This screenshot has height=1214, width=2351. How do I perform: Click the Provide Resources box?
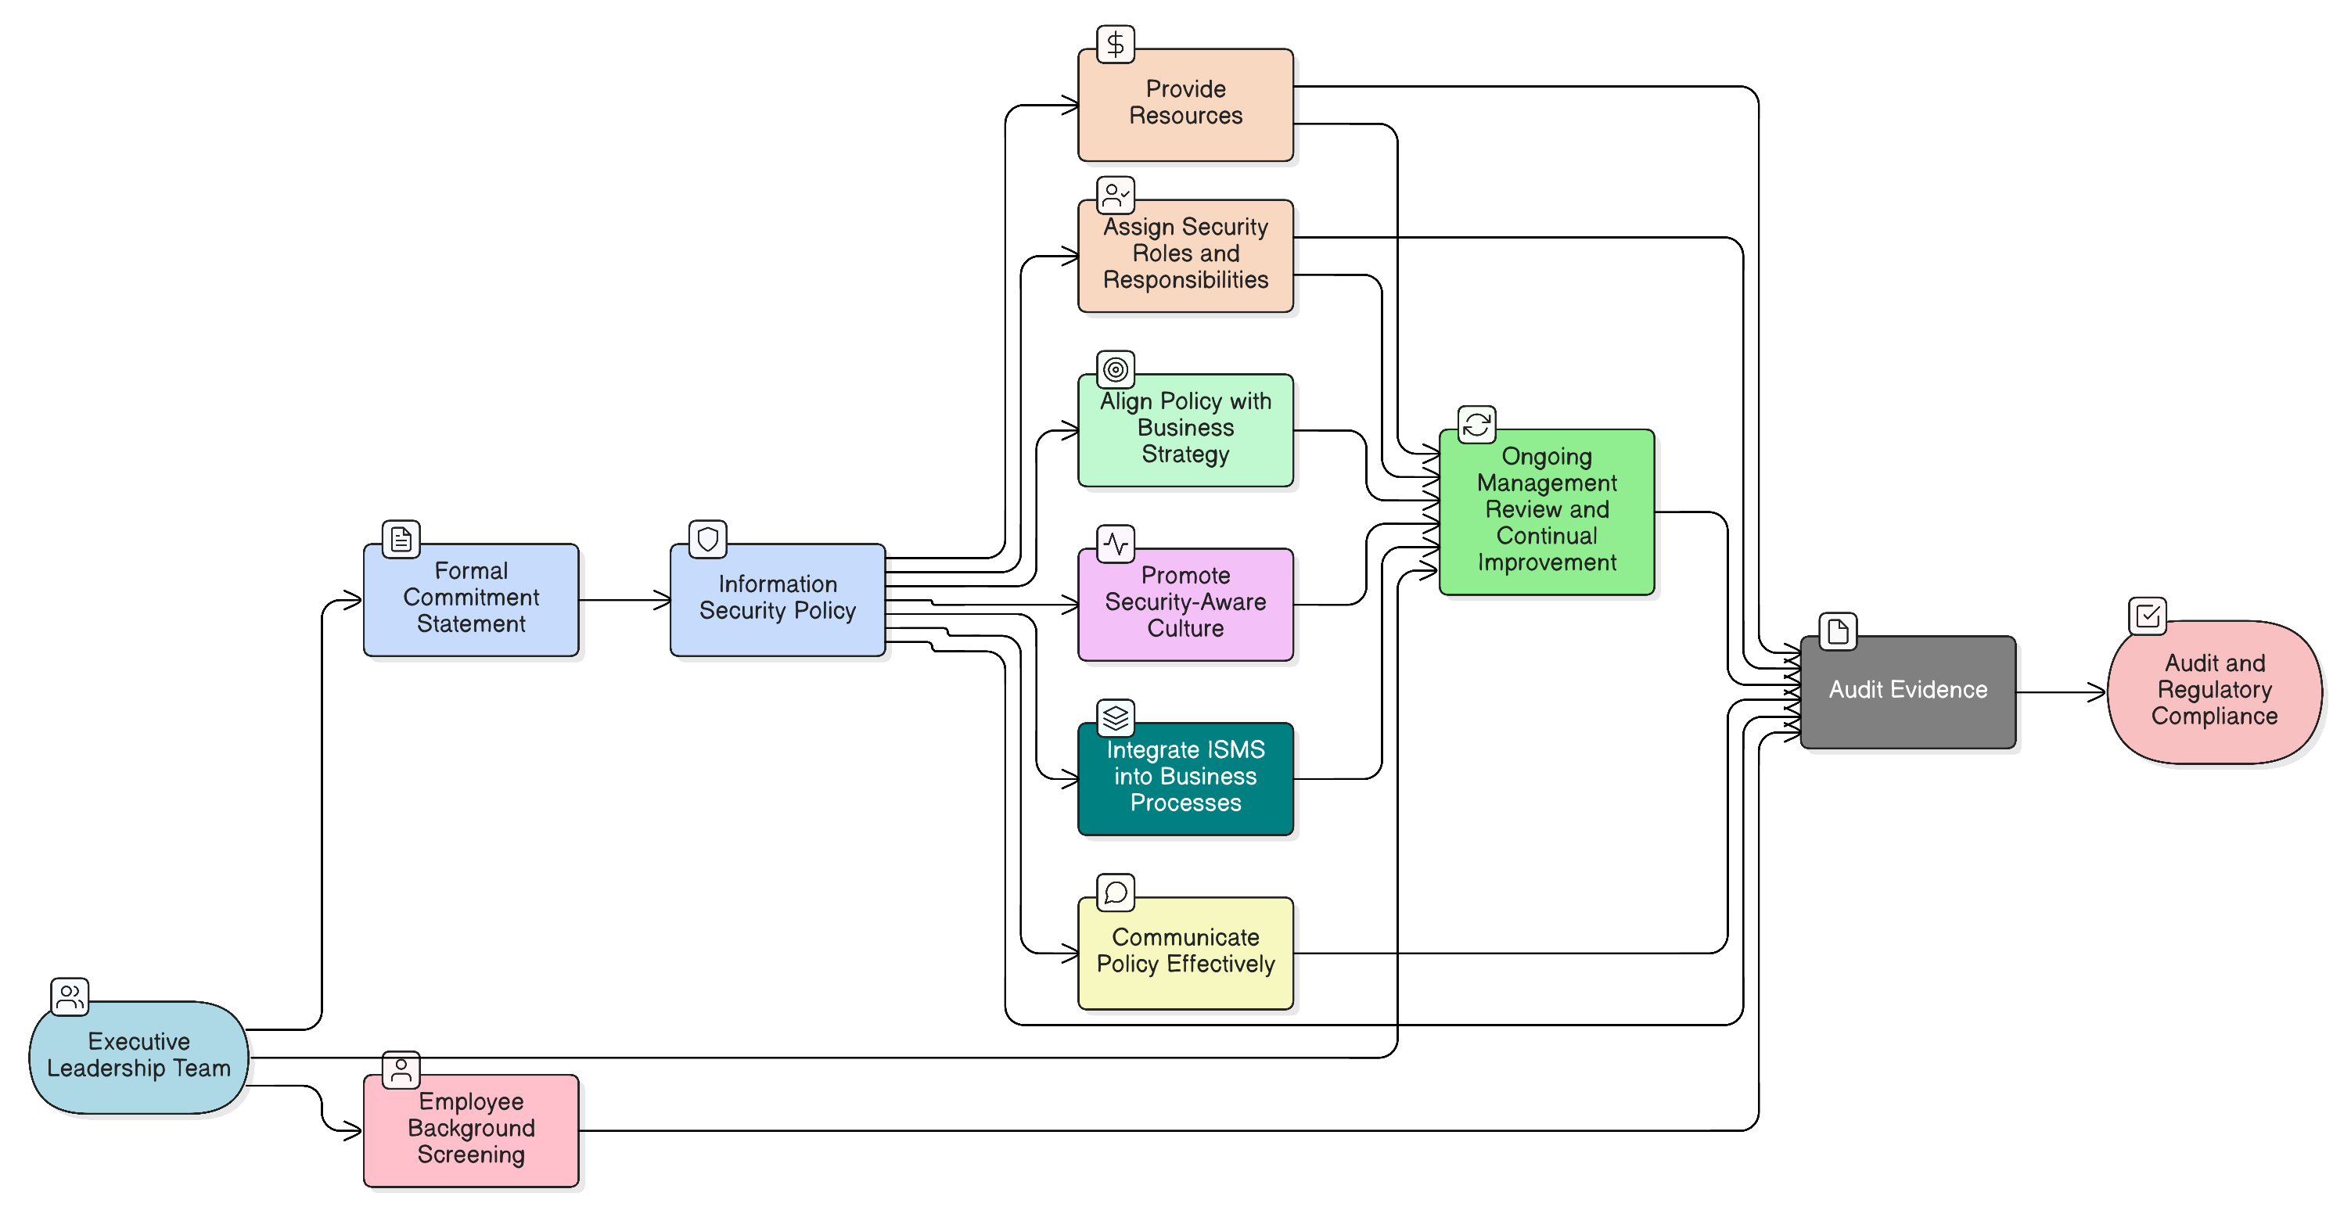tap(1185, 105)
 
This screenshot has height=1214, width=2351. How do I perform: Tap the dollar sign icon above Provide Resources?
tap(1116, 44)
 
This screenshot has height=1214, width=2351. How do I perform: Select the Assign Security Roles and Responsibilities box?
tap(1185, 256)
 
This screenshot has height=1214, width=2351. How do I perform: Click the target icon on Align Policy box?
tap(1116, 370)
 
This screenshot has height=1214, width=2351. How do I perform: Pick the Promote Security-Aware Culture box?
tap(1185, 604)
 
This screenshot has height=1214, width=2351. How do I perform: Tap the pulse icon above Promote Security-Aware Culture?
tap(1116, 544)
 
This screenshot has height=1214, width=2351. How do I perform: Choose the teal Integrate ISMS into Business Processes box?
tap(1185, 778)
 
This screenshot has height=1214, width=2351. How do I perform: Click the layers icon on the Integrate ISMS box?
tap(1116, 718)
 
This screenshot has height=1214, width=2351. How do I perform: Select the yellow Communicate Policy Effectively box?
tap(1185, 953)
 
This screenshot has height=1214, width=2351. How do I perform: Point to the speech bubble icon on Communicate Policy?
tap(1116, 893)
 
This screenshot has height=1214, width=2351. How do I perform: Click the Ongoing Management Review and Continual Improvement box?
tap(1547, 511)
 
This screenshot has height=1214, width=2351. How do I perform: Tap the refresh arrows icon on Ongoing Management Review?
tap(1476, 425)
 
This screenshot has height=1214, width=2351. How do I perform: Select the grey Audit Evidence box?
tap(1907, 692)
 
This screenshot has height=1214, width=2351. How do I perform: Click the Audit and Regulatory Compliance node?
tap(2214, 692)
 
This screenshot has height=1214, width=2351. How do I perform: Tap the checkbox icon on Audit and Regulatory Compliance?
tap(2148, 616)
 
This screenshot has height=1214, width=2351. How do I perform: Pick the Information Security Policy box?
tap(778, 600)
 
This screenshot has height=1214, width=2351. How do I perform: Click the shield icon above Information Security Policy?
tap(707, 540)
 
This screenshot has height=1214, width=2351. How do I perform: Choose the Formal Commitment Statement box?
tap(471, 600)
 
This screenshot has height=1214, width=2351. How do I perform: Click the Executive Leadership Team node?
tap(138, 1057)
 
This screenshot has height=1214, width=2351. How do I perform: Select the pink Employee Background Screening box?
tap(471, 1130)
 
